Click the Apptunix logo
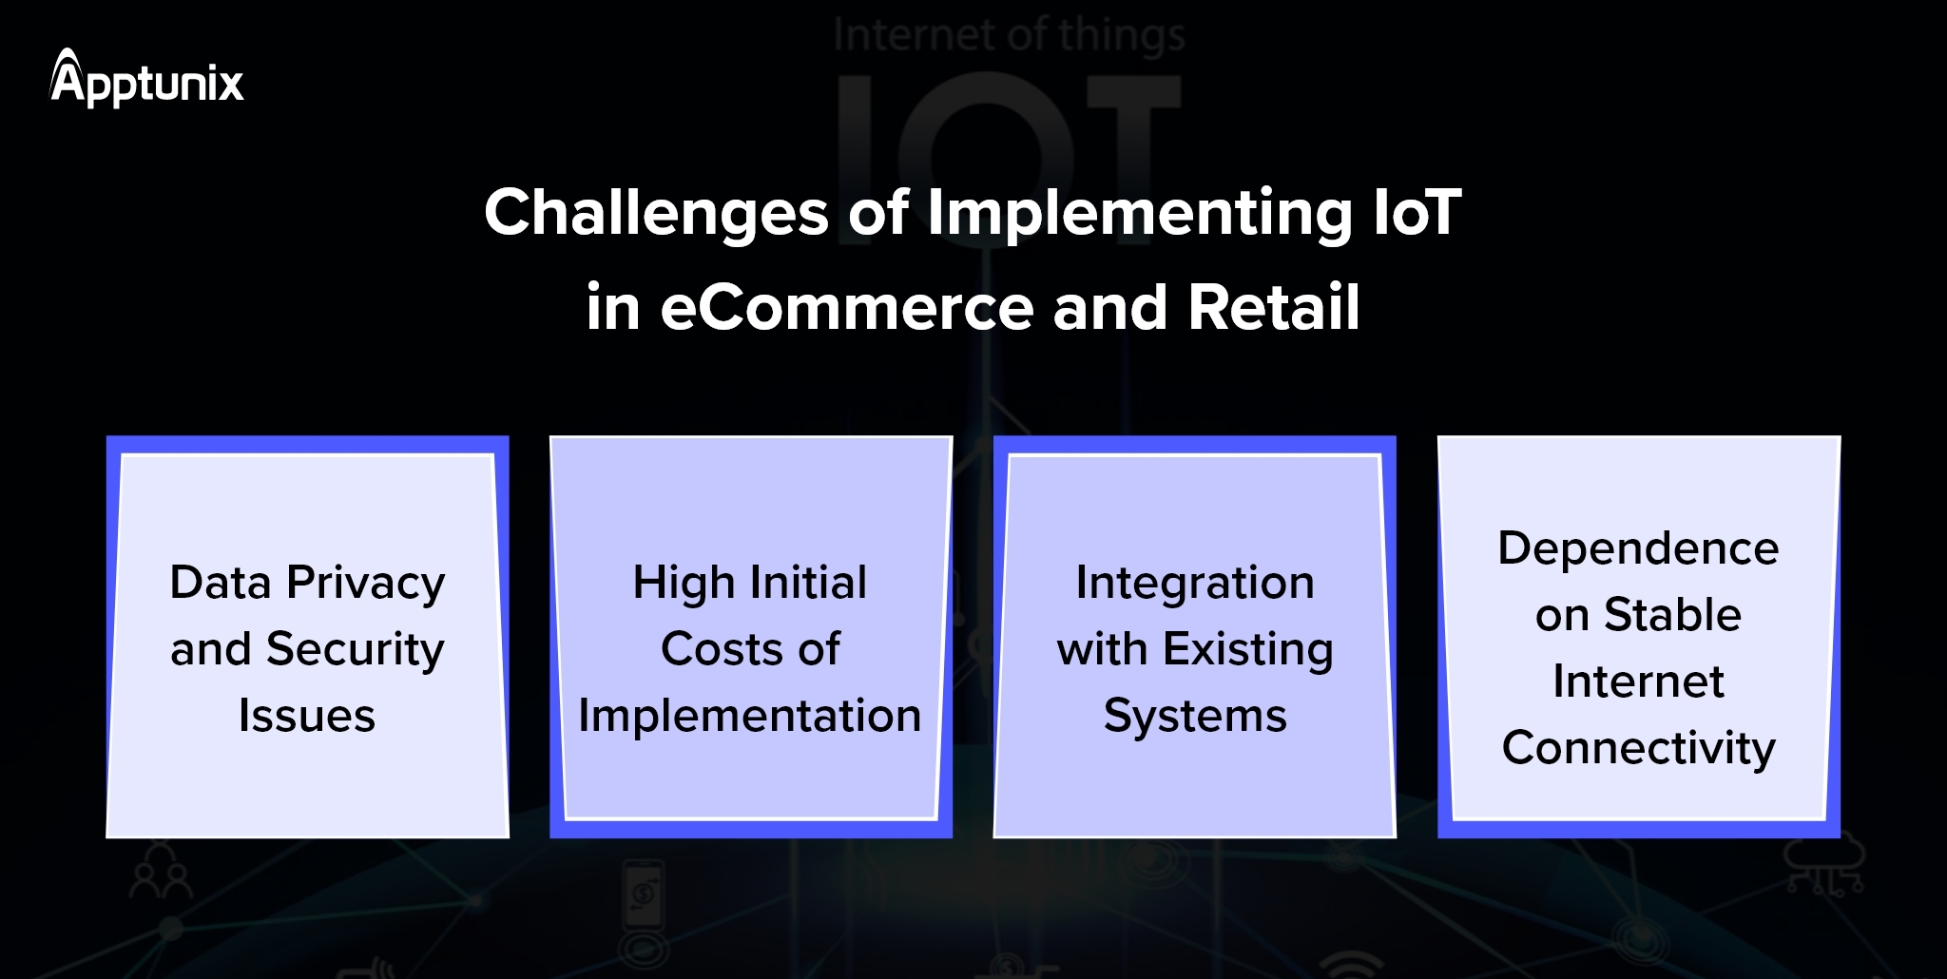coord(147,79)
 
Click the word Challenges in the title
coord(656,212)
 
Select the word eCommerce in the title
coord(846,308)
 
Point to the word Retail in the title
coord(1274,307)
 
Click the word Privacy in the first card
coord(366,584)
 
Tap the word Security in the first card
coord(355,650)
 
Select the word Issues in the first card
coord(306,716)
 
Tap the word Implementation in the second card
coord(750,716)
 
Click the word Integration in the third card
coord(1195,583)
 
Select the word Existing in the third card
coord(1248,650)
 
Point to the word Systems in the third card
coord(1195,716)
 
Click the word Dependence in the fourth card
coord(1638,548)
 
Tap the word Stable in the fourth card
coord(1672,615)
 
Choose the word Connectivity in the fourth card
coord(1638,749)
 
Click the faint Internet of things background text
coord(1009,36)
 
